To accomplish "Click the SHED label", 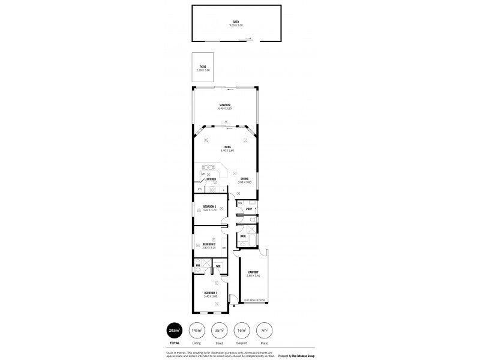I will (236, 22).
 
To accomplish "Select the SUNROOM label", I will (225, 105).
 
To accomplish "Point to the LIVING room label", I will (227, 147).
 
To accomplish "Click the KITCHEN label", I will (211, 179).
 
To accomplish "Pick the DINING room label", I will (245, 179).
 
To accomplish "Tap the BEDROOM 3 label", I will (209, 206).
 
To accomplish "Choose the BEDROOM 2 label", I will (209, 244).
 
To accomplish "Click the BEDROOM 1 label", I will (211, 293).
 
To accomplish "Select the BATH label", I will (243, 236).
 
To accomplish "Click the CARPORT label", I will (253, 272).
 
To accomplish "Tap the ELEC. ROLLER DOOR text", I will (254, 301).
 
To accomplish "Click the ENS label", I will (198, 266).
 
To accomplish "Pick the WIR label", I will (218, 266).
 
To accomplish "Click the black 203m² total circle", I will (174, 331).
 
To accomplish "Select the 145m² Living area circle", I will (196, 331).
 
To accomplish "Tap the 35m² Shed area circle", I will (218, 331).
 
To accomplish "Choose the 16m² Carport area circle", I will (241, 331).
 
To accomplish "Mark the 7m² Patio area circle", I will (263, 331).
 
